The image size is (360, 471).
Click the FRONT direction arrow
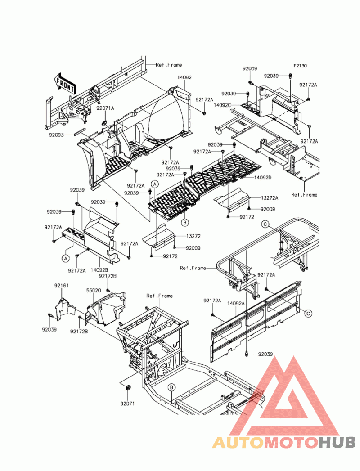coord(65,83)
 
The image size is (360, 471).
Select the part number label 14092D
coord(263,178)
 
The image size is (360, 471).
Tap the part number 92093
coord(57,135)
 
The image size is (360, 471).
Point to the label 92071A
coord(105,108)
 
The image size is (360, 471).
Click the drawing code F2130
coord(300,66)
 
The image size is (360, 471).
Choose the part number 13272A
coord(270,198)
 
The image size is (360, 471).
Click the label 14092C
coord(222,105)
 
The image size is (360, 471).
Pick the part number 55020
coord(94,291)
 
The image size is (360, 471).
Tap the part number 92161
coord(62,286)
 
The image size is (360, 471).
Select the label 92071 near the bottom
coord(127,404)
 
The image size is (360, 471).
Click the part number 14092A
coord(236,304)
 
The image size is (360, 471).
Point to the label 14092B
coord(99,270)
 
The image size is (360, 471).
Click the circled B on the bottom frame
coord(171,387)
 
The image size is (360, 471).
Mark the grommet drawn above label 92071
coord(128,387)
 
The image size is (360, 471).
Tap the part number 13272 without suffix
coord(193,236)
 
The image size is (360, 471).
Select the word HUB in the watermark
coord(337,443)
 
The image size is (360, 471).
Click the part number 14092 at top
coord(184,77)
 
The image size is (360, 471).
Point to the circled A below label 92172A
coord(66,258)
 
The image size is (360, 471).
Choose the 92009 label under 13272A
coord(268,209)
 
